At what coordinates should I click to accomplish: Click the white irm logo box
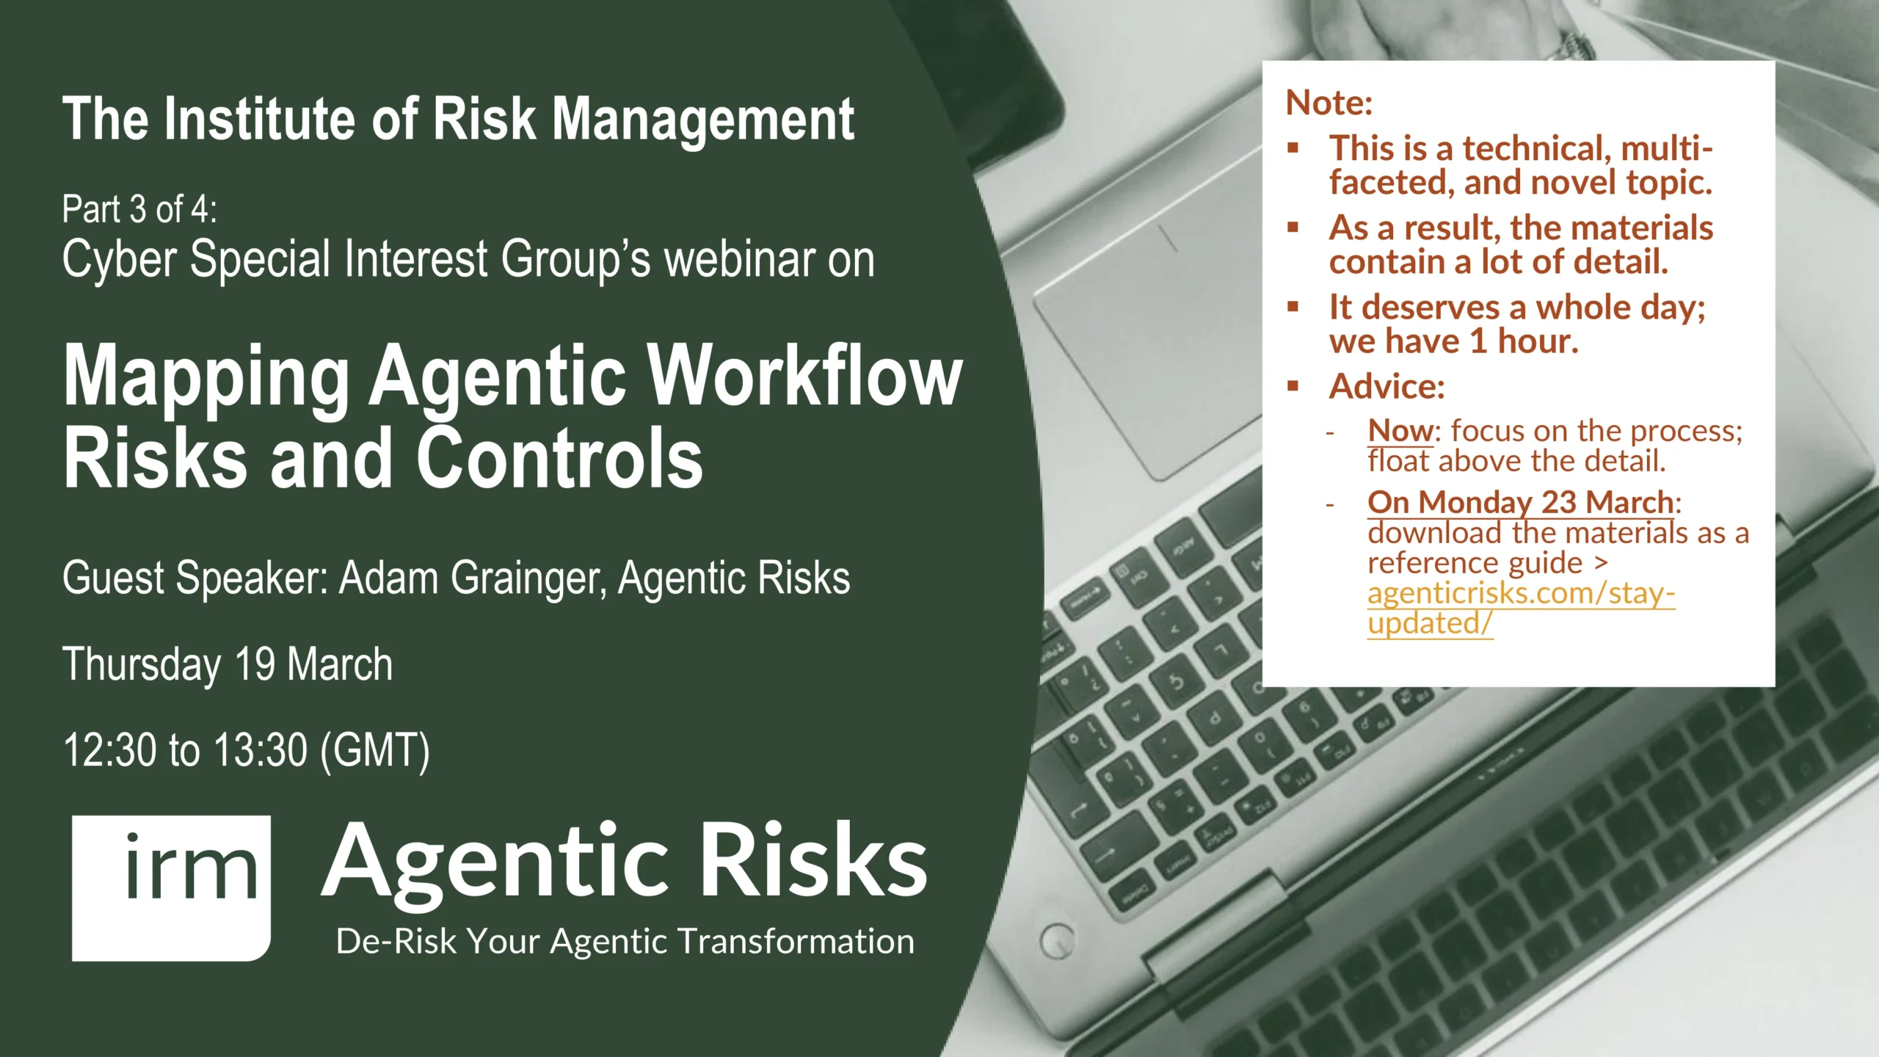coord(171,887)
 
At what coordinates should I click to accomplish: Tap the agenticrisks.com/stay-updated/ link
coord(1521,608)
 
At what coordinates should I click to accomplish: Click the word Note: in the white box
coord(1329,103)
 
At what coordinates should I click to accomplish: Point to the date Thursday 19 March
coord(228,664)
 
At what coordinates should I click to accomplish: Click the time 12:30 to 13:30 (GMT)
coord(247,751)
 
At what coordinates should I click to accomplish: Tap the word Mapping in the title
coord(206,377)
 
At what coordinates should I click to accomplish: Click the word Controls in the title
coord(560,458)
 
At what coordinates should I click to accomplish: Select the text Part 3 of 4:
coord(139,209)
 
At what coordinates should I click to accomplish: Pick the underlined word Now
coord(1400,430)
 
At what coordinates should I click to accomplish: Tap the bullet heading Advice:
coord(1386,386)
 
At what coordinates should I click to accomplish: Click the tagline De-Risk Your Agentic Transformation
coord(625,942)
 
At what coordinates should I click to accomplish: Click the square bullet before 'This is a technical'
coord(1293,148)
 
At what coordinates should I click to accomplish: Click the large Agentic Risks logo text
coord(625,862)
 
